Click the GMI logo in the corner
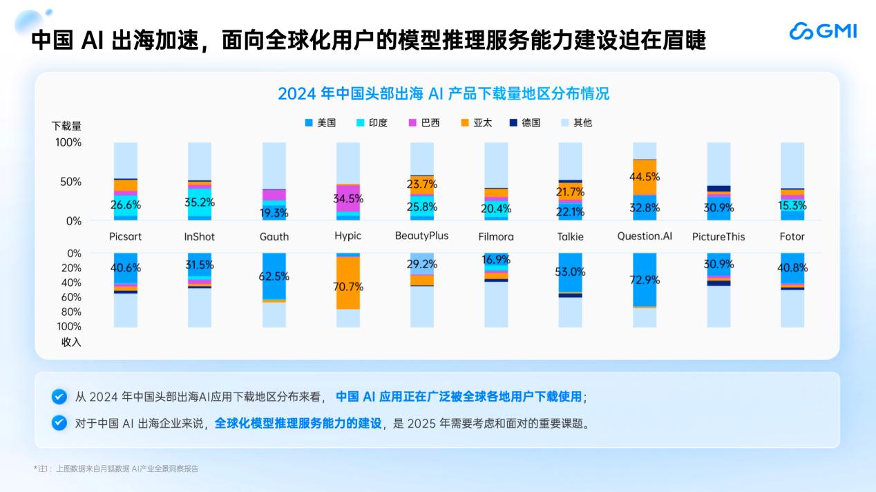(823, 31)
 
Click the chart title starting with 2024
(444, 93)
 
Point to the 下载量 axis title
(66, 126)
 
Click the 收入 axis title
(71, 342)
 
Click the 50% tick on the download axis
(69, 182)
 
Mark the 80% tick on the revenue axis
(70, 312)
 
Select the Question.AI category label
(645, 236)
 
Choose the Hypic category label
(347, 236)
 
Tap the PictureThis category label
(718, 236)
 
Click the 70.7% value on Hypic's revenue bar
(348, 287)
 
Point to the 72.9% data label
(645, 280)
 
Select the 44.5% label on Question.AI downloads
(645, 176)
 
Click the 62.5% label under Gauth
(274, 276)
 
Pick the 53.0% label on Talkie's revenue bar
(570, 272)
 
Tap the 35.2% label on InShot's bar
(199, 202)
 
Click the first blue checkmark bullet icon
(59, 397)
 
